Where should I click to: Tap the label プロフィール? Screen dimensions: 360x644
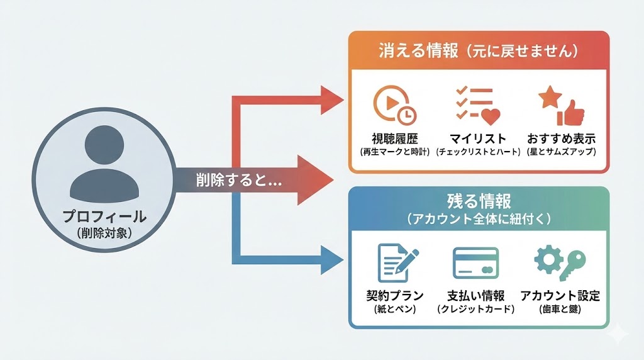(104, 217)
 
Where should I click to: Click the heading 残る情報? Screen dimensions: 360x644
(479, 201)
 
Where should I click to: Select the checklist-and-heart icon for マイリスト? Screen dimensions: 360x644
(477, 104)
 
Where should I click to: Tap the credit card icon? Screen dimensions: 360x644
(475, 263)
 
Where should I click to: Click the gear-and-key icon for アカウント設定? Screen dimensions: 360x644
(559, 263)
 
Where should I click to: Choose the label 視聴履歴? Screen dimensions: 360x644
(394, 138)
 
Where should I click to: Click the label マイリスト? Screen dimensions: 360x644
(478, 138)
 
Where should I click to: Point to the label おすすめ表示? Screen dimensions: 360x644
(562, 138)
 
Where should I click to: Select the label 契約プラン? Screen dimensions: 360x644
(394, 295)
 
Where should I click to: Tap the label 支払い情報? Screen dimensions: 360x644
(475, 295)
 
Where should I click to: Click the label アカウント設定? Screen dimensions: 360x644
(560, 295)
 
